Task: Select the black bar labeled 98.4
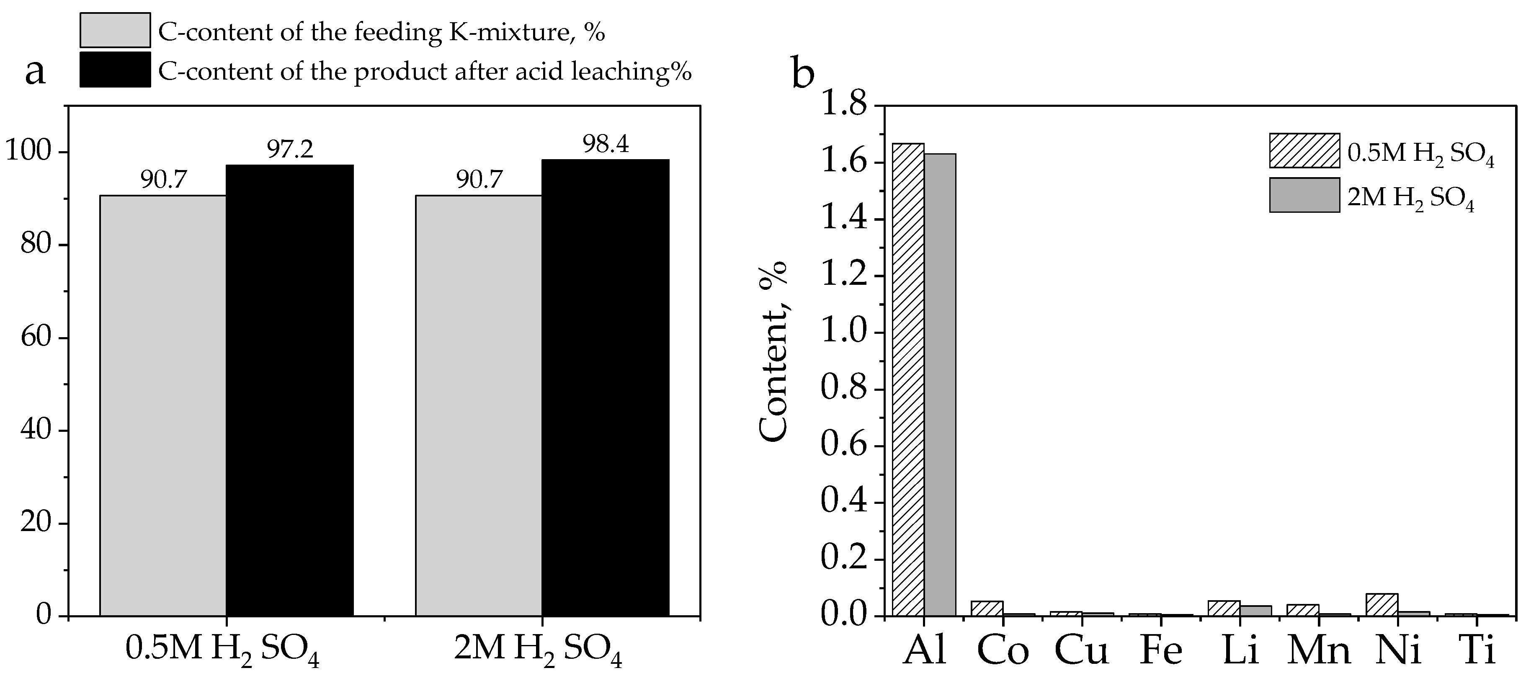tap(606, 388)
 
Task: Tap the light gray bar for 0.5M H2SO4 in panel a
tap(163, 405)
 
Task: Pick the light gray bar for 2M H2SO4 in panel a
tap(479, 405)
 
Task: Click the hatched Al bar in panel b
tap(908, 379)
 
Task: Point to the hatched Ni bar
tap(1382, 604)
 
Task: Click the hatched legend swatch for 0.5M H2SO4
tap(1304, 150)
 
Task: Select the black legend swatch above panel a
tap(115, 70)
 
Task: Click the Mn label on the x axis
tap(1319, 650)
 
